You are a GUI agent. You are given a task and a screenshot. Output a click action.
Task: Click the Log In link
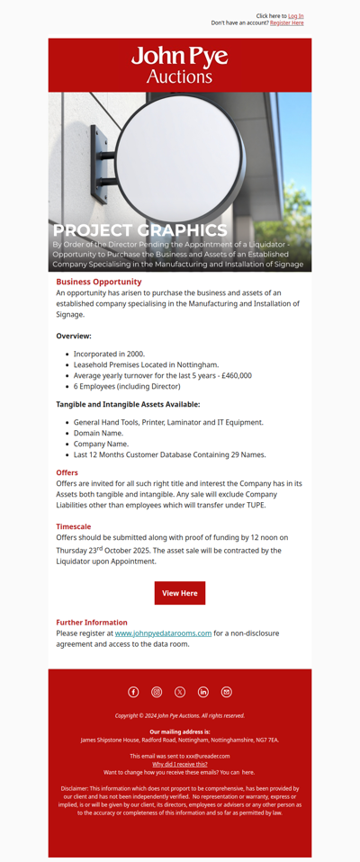coord(295,16)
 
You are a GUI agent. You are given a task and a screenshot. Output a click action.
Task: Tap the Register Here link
coord(286,23)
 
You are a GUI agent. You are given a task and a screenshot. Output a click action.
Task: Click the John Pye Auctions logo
coord(180,65)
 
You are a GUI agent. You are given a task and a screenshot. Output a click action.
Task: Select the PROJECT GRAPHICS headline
coord(139,230)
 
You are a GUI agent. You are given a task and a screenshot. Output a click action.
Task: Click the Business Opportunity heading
coord(99,282)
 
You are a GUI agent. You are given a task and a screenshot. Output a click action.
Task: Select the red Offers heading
coord(67,472)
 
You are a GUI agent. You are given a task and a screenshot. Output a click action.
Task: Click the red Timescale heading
coord(73,526)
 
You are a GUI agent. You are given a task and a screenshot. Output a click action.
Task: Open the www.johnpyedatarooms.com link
coord(163,633)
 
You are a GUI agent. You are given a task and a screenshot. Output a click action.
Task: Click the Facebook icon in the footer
coord(133,692)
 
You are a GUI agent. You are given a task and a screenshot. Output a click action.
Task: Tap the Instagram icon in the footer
coord(157,692)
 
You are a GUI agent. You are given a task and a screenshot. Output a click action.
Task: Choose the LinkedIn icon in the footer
coord(203,692)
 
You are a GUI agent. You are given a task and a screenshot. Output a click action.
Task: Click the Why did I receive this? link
coord(180,764)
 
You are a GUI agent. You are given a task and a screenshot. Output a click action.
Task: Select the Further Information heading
coord(92,623)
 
